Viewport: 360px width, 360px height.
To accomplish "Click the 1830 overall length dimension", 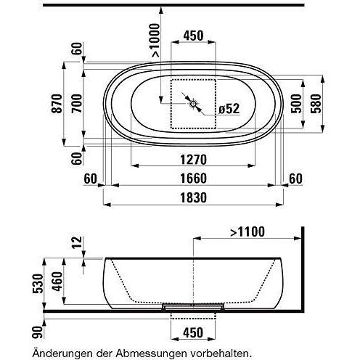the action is tap(194, 197).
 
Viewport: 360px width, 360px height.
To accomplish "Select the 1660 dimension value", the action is tap(194, 179).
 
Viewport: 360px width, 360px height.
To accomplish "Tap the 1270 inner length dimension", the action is tap(194, 160).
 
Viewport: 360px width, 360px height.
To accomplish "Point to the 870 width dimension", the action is tap(57, 104).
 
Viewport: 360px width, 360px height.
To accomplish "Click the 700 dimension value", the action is tap(78, 104).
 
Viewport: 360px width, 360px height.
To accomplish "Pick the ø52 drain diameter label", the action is tap(229, 109).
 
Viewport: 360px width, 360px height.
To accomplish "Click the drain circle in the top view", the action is tap(193, 104).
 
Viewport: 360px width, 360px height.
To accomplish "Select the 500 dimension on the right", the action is tap(297, 104).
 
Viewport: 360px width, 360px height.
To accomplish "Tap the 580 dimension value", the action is tap(316, 104).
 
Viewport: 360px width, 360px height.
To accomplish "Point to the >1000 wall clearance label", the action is tap(155, 40).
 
